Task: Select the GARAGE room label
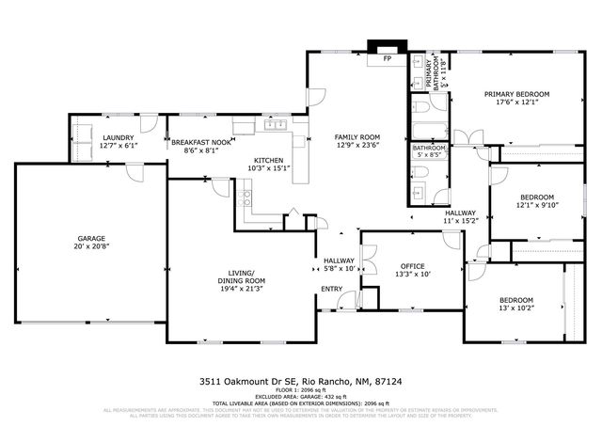click(91, 238)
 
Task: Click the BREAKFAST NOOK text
click(200, 141)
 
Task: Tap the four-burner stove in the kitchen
click(245, 197)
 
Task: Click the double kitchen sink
click(275, 125)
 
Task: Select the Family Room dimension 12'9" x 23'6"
click(357, 146)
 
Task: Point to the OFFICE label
click(413, 266)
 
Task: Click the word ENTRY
click(331, 289)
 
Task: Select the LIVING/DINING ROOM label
click(242, 276)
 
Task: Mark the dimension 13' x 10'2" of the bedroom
click(515, 308)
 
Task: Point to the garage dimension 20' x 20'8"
click(91, 246)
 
